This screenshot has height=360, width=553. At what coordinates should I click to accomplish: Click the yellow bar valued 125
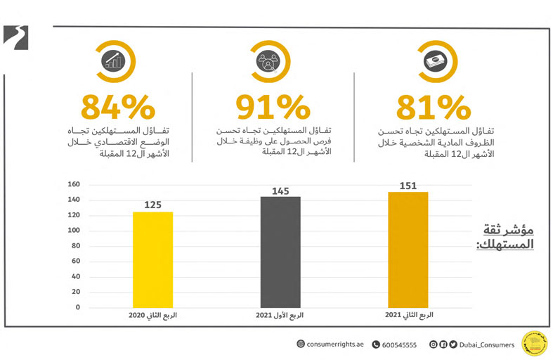152,259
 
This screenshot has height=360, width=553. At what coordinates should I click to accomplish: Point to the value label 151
408,186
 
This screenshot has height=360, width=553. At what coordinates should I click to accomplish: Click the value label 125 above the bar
153,205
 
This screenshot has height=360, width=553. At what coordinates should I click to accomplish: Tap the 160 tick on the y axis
74,184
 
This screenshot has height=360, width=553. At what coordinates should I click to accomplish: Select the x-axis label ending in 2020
152,316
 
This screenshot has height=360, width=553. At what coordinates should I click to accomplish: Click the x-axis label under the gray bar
280,316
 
